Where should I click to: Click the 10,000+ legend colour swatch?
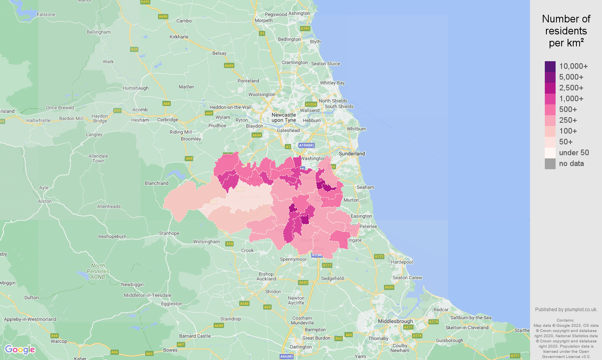[x=550, y=66]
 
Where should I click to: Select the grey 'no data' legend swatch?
[x=550, y=164]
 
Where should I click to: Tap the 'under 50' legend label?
[x=574, y=153]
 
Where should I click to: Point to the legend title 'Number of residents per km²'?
[x=566, y=31]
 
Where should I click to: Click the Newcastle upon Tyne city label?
[x=284, y=118]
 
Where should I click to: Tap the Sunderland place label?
[x=352, y=154]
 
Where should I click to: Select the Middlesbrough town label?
[x=395, y=321]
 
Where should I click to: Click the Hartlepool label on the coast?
[x=402, y=262]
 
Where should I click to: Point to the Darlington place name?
[x=301, y=347]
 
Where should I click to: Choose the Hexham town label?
[x=140, y=120]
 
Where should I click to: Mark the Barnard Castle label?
[x=195, y=336]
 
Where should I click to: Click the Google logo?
[x=20, y=350]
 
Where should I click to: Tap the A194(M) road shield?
[x=306, y=145]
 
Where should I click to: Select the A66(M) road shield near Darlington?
[x=286, y=356]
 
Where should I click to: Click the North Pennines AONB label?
[x=98, y=271]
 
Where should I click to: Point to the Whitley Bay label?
[x=332, y=83]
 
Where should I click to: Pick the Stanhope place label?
[x=169, y=233]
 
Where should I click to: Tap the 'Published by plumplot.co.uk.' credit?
[x=566, y=310]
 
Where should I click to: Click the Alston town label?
[x=45, y=201]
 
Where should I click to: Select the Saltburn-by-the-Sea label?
[x=471, y=318]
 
